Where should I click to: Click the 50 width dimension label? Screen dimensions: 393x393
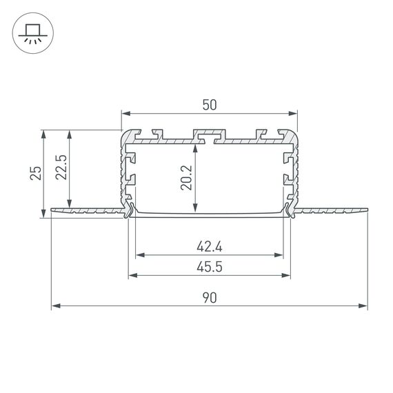(x=210, y=105)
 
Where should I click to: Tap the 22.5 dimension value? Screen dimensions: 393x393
(x=60, y=168)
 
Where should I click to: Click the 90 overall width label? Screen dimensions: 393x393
(x=210, y=297)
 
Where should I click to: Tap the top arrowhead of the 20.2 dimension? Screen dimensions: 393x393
(x=197, y=147)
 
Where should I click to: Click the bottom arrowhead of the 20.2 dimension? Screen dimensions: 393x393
(x=197, y=209)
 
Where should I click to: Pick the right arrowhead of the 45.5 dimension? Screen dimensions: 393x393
(x=286, y=276)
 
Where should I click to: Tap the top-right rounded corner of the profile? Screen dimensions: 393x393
(x=294, y=133)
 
